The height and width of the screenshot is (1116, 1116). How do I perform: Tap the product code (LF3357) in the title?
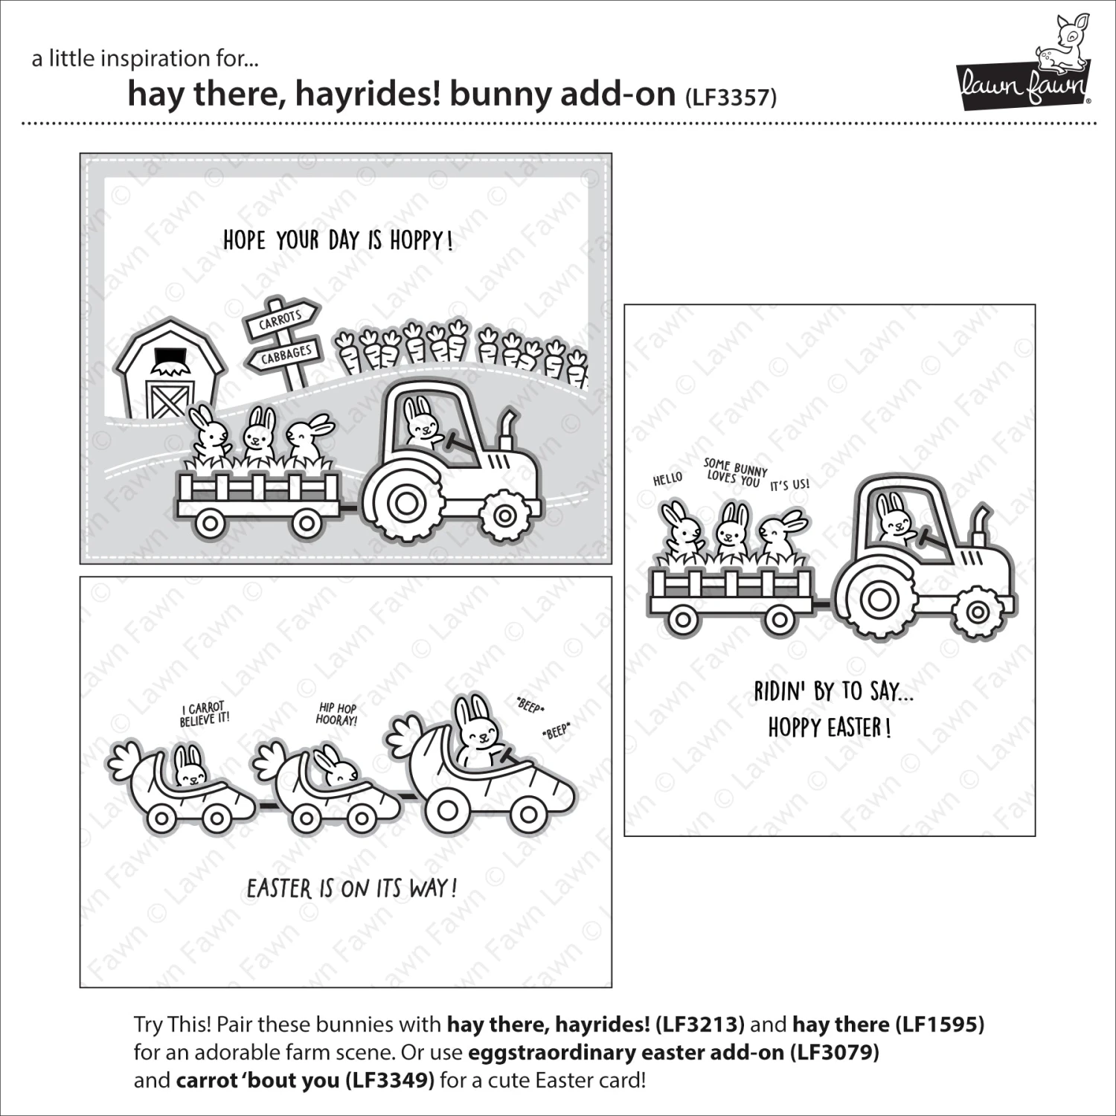pos(730,97)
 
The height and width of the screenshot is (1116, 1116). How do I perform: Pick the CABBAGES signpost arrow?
pos(286,355)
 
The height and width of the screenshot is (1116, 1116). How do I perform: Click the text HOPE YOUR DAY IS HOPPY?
pos(338,240)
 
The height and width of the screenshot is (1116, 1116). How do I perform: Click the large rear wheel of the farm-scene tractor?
pos(406,504)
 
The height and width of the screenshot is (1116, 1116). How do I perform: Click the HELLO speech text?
pos(667,479)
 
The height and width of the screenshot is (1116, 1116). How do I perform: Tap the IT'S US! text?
pos(789,485)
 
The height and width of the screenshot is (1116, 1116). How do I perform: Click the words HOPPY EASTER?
pos(829,727)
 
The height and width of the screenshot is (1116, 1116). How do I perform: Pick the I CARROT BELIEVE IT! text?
pos(205,713)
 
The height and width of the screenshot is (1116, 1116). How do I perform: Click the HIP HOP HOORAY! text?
pos(337,714)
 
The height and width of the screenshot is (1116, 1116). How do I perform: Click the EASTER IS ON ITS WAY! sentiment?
pos(351,888)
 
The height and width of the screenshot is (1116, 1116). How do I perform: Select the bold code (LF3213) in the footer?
pos(699,1024)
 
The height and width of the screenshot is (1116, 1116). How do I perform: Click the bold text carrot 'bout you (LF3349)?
pos(305,1080)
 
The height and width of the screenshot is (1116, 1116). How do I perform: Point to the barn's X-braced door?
pos(169,399)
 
